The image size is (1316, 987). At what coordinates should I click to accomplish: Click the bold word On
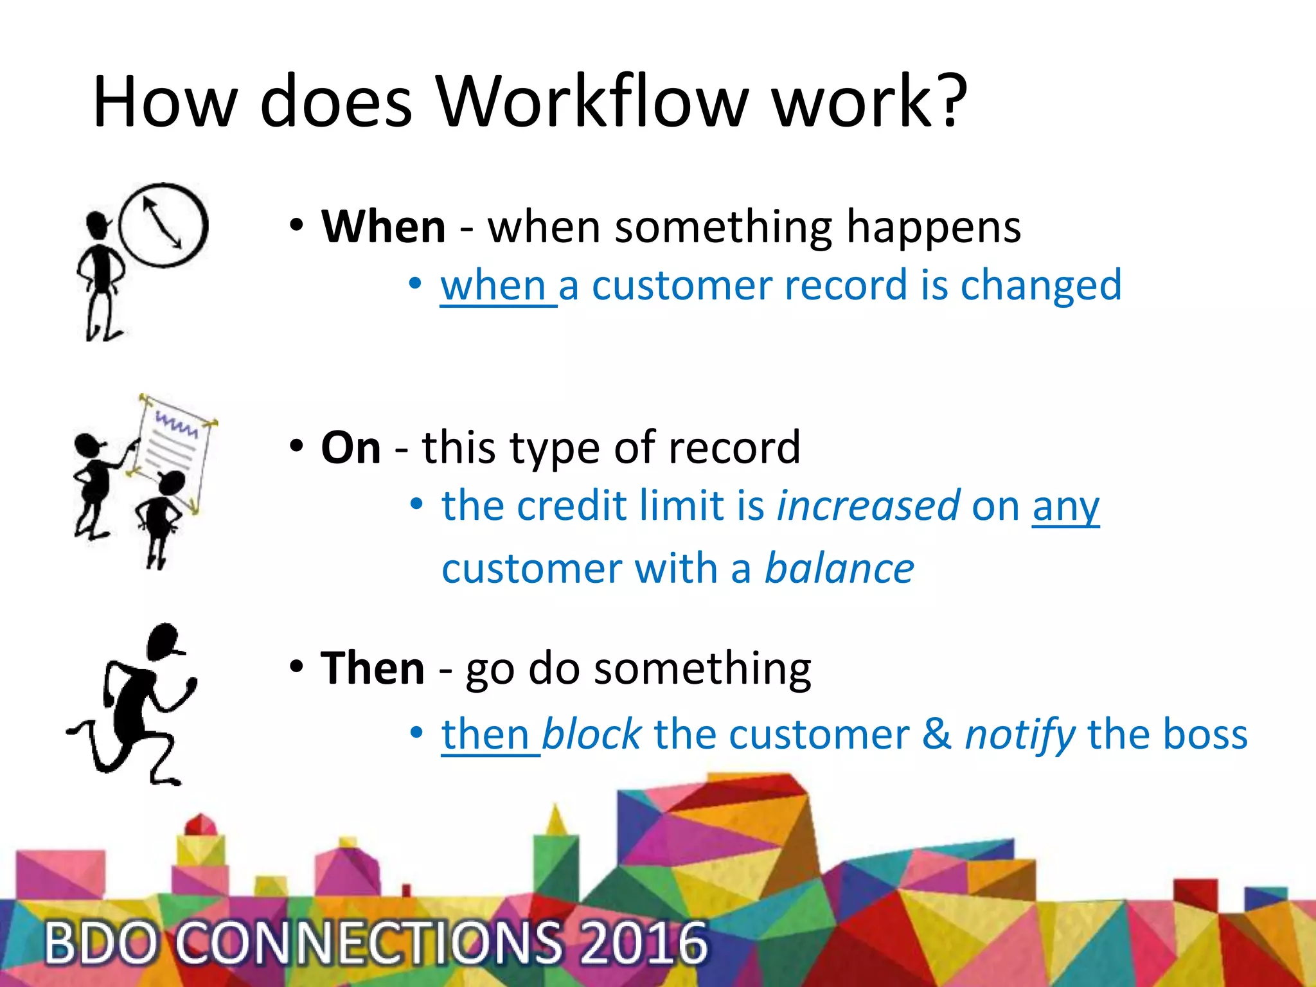tap(351, 447)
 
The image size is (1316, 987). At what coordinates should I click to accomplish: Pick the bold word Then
tap(373, 668)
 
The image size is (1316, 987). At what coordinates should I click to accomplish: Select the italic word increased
tap(868, 506)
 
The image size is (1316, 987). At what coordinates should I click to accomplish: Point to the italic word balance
tap(839, 569)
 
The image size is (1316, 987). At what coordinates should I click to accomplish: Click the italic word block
tap(591, 734)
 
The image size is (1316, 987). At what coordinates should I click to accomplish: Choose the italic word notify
tap(1020, 735)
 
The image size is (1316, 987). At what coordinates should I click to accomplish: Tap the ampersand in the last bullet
tap(937, 734)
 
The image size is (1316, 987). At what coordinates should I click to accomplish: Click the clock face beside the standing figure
tap(163, 225)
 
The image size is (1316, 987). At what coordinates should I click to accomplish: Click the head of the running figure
tap(163, 640)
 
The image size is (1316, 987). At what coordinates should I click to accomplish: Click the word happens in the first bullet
tap(933, 227)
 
